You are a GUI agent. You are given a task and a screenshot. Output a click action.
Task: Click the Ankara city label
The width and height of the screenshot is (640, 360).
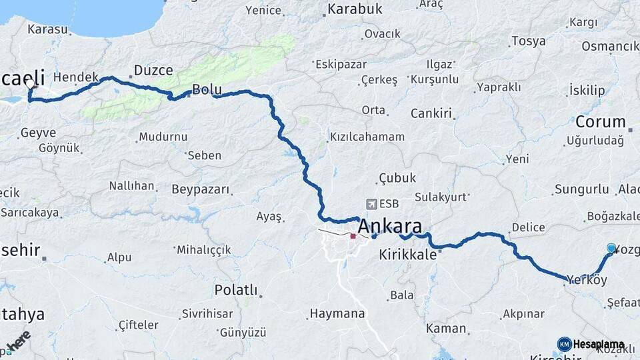[390, 227]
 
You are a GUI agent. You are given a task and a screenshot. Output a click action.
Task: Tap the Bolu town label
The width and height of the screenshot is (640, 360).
[207, 89]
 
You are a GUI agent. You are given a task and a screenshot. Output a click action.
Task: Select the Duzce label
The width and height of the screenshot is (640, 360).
[153, 70]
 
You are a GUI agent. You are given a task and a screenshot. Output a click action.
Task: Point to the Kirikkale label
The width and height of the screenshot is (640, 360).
[407, 255]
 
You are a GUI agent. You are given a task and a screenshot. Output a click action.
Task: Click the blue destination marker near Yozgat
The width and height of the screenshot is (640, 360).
[611, 249]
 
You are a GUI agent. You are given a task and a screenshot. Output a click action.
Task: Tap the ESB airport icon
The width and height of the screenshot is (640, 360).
[371, 204]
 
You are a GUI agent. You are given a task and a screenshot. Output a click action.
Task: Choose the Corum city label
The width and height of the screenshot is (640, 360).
[600, 122]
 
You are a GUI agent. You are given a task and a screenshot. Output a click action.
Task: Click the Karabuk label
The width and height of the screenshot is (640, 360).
[354, 9]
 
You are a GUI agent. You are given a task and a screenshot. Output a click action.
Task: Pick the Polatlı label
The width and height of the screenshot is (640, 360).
[235, 290]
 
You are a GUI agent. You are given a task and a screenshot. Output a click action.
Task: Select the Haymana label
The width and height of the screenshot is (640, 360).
[337, 313]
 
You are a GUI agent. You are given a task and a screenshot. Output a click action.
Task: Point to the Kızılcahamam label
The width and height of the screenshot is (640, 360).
[367, 137]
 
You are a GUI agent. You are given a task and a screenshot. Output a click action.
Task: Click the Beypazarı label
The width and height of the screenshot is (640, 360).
[201, 189]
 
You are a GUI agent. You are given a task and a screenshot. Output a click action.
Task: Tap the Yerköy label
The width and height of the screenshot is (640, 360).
[587, 281]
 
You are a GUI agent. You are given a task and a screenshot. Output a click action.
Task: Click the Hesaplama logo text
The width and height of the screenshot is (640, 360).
[599, 345]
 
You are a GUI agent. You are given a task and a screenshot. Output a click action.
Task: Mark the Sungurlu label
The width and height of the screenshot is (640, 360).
[577, 190]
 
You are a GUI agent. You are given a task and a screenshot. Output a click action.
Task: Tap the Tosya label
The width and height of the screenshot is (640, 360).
[528, 41]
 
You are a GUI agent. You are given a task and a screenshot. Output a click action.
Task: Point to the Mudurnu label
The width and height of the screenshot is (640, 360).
[163, 137]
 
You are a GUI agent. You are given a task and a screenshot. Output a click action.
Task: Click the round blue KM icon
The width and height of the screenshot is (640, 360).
[564, 344]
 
